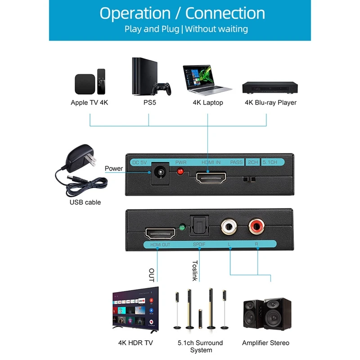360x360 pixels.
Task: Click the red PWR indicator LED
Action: [x=180, y=172]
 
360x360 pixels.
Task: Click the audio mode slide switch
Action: [x=249, y=179]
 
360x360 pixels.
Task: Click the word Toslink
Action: [x=195, y=271]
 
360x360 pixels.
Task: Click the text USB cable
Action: [x=85, y=202]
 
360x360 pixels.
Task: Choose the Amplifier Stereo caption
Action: [x=265, y=343]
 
